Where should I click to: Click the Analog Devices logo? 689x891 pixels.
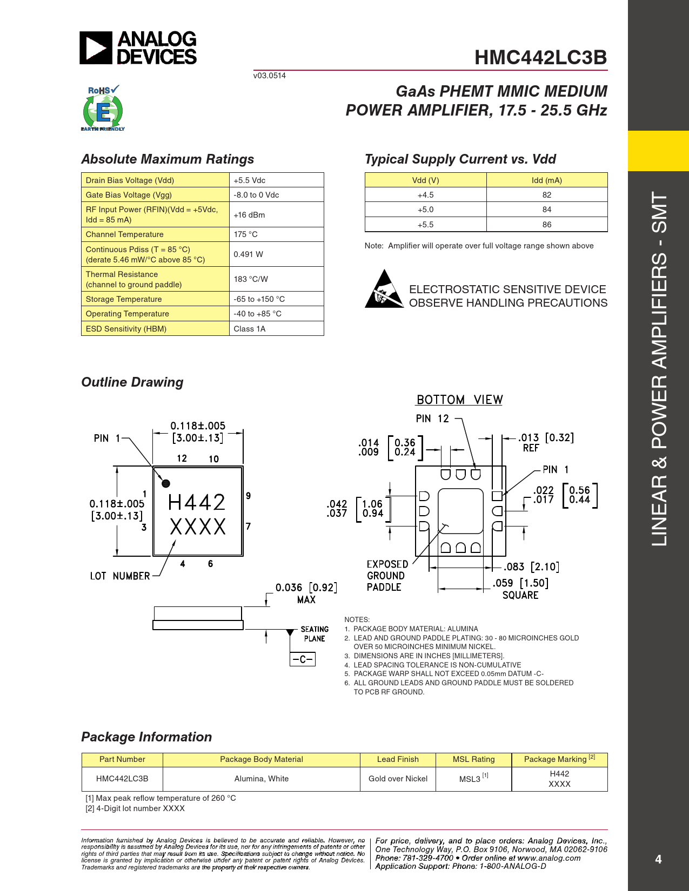point(138,48)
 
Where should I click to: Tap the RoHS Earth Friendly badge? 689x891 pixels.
point(103,109)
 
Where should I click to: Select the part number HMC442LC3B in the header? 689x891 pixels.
point(540,57)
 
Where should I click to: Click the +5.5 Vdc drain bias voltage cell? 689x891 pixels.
point(250,180)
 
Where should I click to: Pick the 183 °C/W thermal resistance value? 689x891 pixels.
point(251,279)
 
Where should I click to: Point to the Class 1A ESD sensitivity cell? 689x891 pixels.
point(250,329)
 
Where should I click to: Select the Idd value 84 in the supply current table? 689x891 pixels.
point(547,210)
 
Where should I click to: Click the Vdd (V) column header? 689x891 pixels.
point(425,180)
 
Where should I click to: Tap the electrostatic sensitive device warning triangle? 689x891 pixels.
point(384,289)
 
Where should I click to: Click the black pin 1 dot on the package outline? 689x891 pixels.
point(166,483)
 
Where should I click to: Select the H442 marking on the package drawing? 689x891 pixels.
point(197,503)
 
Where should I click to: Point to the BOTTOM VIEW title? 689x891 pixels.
point(459,400)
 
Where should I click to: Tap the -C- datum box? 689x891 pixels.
point(303,659)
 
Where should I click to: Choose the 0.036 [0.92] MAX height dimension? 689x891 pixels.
point(306,593)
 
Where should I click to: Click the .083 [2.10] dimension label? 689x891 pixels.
point(531,567)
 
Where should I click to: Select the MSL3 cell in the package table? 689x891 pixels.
point(473,779)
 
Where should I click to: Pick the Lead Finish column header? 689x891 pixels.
point(398,759)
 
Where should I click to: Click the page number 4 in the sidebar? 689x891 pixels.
point(658,859)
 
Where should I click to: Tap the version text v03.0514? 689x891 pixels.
point(270,76)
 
